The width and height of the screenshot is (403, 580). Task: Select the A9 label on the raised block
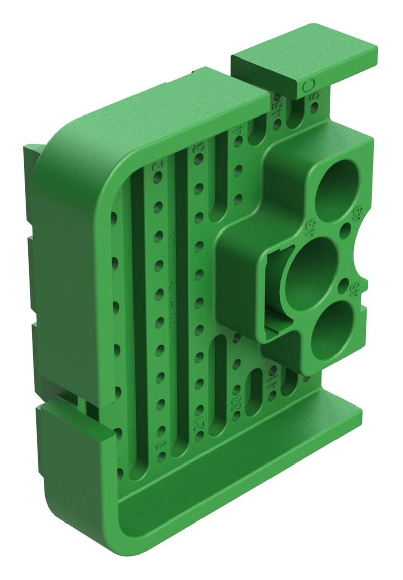point(359,214)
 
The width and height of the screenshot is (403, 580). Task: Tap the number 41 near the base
point(273,385)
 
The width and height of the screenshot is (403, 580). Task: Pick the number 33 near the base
point(236,403)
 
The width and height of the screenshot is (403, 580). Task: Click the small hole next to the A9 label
point(346,230)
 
